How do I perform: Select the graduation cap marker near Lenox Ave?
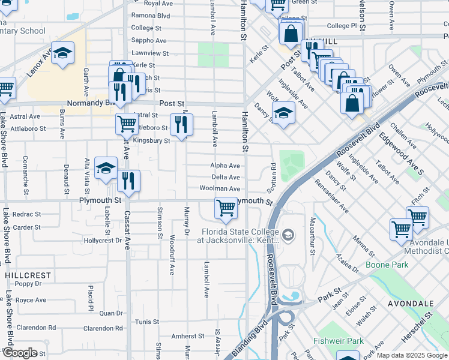pyautogui.click(x=62, y=55)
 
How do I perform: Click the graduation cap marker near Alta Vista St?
pyautogui.click(x=106, y=169)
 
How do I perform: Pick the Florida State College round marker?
pyautogui.click(x=288, y=234)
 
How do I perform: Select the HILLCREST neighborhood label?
pyautogui.click(x=28, y=274)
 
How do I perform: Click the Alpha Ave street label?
pyautogui.click(x=225, y=166)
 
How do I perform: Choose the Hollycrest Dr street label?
pyautogui.click(x=103, y=240)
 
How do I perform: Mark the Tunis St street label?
pyautogui.click(x=146, y=322)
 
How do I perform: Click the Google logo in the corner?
pyautogui.click(x=20, y=353)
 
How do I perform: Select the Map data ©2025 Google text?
pyautogui.click(x=411, y=355)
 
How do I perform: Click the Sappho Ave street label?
pyautogui.click(x=148, y=40)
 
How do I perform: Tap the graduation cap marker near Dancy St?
pyautogui.click(x=283, y=113)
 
